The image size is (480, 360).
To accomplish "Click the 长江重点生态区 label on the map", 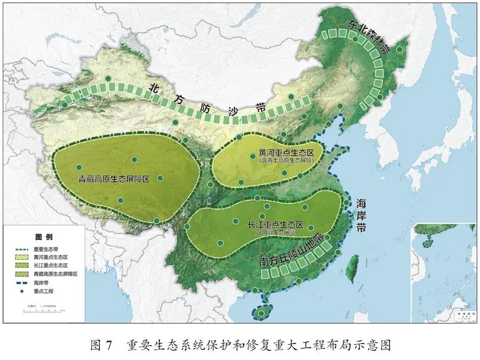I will [276, 225].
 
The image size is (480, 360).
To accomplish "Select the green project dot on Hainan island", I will [260, 313].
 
